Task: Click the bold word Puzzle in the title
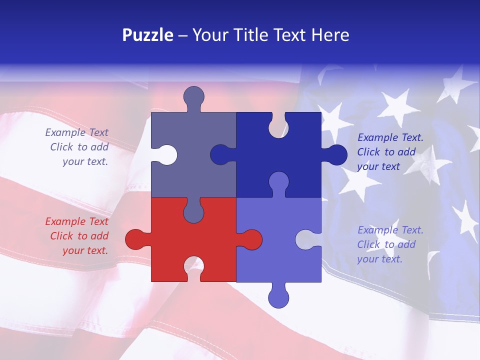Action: [148, 35]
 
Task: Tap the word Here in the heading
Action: [330, 35]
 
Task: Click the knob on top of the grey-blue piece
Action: [193, 96]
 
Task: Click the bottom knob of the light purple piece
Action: [278, 297]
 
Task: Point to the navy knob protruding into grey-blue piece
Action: [220, 155]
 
